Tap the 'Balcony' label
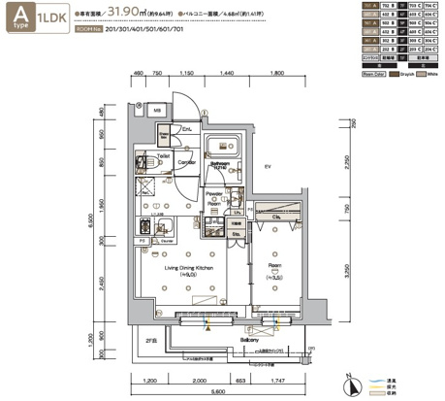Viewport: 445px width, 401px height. pos(250,340)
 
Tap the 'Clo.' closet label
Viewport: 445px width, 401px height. pos(276,217)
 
